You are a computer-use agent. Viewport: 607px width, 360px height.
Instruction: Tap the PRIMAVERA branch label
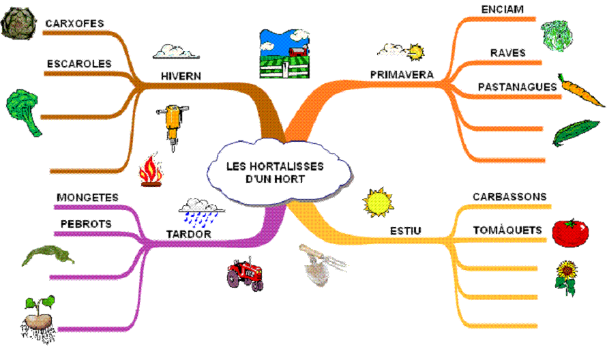point(402,74)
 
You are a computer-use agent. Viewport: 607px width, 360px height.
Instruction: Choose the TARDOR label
point(189,234)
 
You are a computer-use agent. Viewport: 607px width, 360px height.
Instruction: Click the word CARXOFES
point(75,24)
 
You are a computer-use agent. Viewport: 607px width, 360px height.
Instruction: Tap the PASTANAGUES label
point(517,87)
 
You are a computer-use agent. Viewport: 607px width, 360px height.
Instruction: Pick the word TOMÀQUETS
point(507,230)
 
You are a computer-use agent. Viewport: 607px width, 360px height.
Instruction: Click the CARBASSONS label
point(509,197)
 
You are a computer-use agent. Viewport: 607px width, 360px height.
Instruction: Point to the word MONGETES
point(87,198)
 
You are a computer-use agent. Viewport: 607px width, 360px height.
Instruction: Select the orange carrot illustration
point(580,91)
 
